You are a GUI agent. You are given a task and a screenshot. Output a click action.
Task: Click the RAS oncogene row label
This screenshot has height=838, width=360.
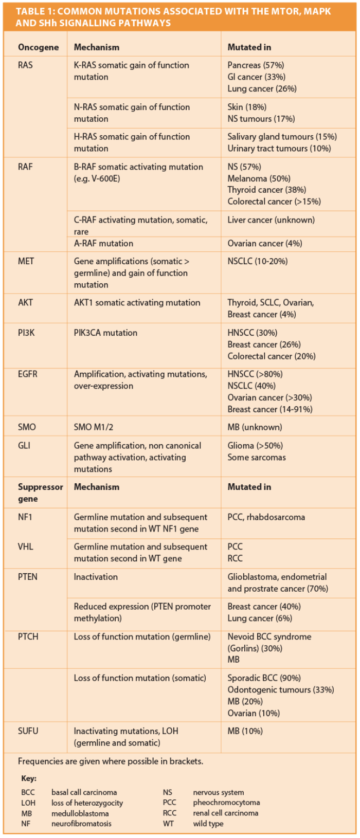click(x=25, y=65)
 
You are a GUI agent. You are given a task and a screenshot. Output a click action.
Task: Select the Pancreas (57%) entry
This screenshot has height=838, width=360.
click(x=256, y=65)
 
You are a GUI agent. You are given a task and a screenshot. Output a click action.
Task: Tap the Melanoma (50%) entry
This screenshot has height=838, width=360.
click(x=259, y=178)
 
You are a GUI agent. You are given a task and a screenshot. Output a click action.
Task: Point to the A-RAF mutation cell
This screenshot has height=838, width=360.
click(x=103, y=243)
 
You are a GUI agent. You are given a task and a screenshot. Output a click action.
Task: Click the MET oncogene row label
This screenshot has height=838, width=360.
click(x=26, y=261)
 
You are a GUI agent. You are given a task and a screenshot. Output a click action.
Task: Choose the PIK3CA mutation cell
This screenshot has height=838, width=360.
click(x=105, y=333)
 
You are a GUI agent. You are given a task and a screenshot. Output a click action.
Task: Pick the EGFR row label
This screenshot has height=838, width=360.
click(x=28, y=374)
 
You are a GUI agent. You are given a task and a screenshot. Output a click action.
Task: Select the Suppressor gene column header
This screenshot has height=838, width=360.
click(x=40, y=493)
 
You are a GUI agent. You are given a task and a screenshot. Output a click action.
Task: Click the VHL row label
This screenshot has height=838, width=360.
click(x=25, y=546)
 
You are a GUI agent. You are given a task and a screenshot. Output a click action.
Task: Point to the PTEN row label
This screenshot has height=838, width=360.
click(x=28, y=577)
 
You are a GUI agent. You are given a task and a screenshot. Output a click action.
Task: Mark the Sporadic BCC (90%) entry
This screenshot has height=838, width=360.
click(x=264, y=678)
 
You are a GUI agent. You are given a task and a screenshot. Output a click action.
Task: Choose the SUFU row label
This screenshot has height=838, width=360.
click(x=28, y=731)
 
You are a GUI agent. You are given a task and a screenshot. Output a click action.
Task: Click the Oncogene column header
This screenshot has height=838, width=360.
click(x=38, y=47)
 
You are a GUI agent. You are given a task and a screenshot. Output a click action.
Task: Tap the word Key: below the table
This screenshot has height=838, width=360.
click(x=29, y=778)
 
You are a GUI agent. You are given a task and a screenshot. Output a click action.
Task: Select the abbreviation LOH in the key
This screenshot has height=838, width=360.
click(x=28, y=803)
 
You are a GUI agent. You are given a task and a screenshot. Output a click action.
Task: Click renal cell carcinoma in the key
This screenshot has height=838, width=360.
click(x=225, y=813)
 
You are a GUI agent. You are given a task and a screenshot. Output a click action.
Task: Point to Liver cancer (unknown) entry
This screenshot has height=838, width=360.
click(x=271, y=220)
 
